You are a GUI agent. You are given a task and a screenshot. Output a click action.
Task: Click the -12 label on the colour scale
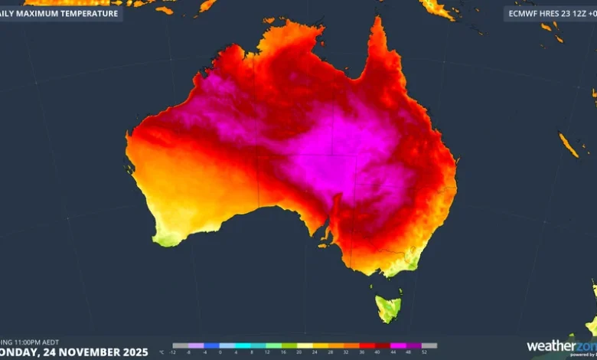tap(173, 352)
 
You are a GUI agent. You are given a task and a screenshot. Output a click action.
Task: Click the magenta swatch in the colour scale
tap(398, 345)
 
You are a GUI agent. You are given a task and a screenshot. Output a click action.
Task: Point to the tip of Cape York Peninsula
tap(376, 21)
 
